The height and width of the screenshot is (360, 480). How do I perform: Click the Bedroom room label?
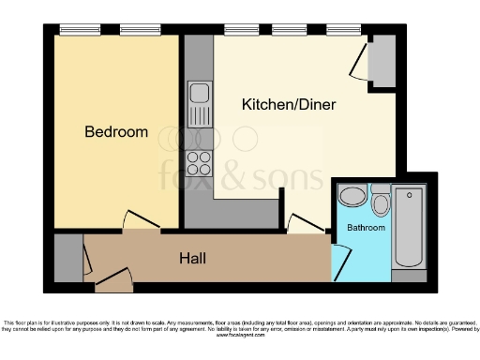click(116, 132)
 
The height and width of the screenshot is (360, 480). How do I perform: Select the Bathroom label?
click(366, 228)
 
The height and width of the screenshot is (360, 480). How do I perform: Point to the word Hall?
click(192, 258)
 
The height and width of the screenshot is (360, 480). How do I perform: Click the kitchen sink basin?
click(199, 94)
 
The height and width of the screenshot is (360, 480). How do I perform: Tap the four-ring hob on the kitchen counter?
click(199, 163)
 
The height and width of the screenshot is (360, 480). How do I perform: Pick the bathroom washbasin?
click(352, 196)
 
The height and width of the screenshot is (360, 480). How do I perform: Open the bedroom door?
click(141, 221)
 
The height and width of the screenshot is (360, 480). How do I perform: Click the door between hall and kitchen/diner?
click(305, 225)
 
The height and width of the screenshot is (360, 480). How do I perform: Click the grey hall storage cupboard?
click(67, 258)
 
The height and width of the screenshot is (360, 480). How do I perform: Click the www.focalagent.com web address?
click(239, 337)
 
